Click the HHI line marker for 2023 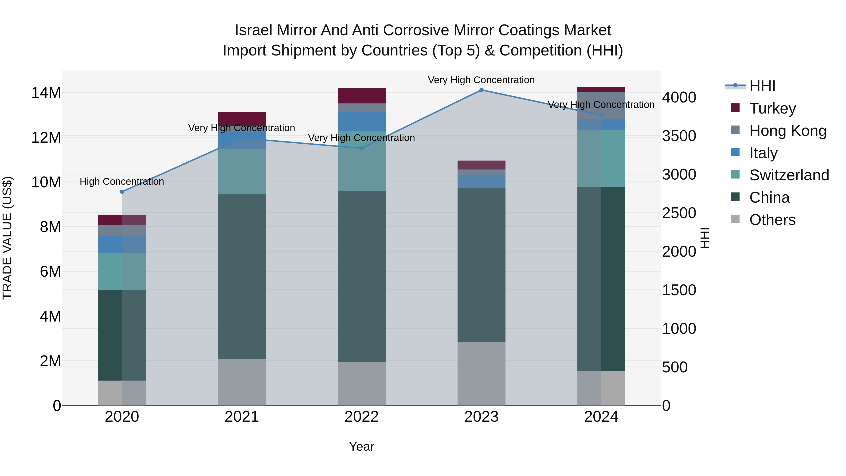click(481, 90)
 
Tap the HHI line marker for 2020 click(122, 192)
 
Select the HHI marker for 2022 click(362, 148)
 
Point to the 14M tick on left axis click(46, 93)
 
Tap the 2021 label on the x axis click(242, 417)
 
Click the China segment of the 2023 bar click(481, 264)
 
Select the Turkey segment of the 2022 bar click(362, 96)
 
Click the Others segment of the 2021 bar click(242, 382)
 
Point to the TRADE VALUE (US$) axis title click(7, 238)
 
